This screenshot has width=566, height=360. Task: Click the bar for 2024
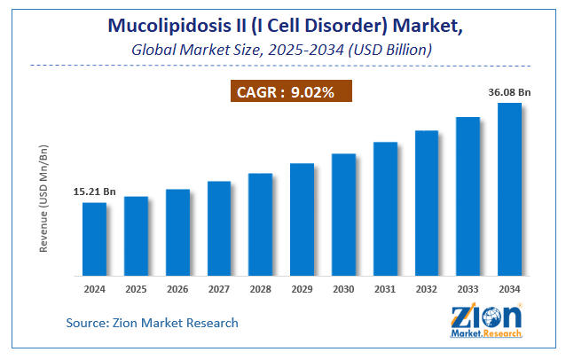tap(95, 239)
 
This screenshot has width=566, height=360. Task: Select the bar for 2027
tap(219, 228)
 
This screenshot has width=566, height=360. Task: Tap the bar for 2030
tap(343, 214)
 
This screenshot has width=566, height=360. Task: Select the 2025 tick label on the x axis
tap(136, 289)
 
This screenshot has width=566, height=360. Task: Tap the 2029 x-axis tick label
tap(302, 289)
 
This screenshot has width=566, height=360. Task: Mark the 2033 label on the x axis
tap(468, 289)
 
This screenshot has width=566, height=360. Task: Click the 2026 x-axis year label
tap(177, 289)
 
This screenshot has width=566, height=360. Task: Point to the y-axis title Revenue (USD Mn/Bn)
tap(43, 198)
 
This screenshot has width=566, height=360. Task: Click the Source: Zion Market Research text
tap(153, 323)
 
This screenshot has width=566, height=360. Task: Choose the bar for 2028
tap(260, 223)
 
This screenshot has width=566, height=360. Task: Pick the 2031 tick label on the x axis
tap(385, 289)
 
